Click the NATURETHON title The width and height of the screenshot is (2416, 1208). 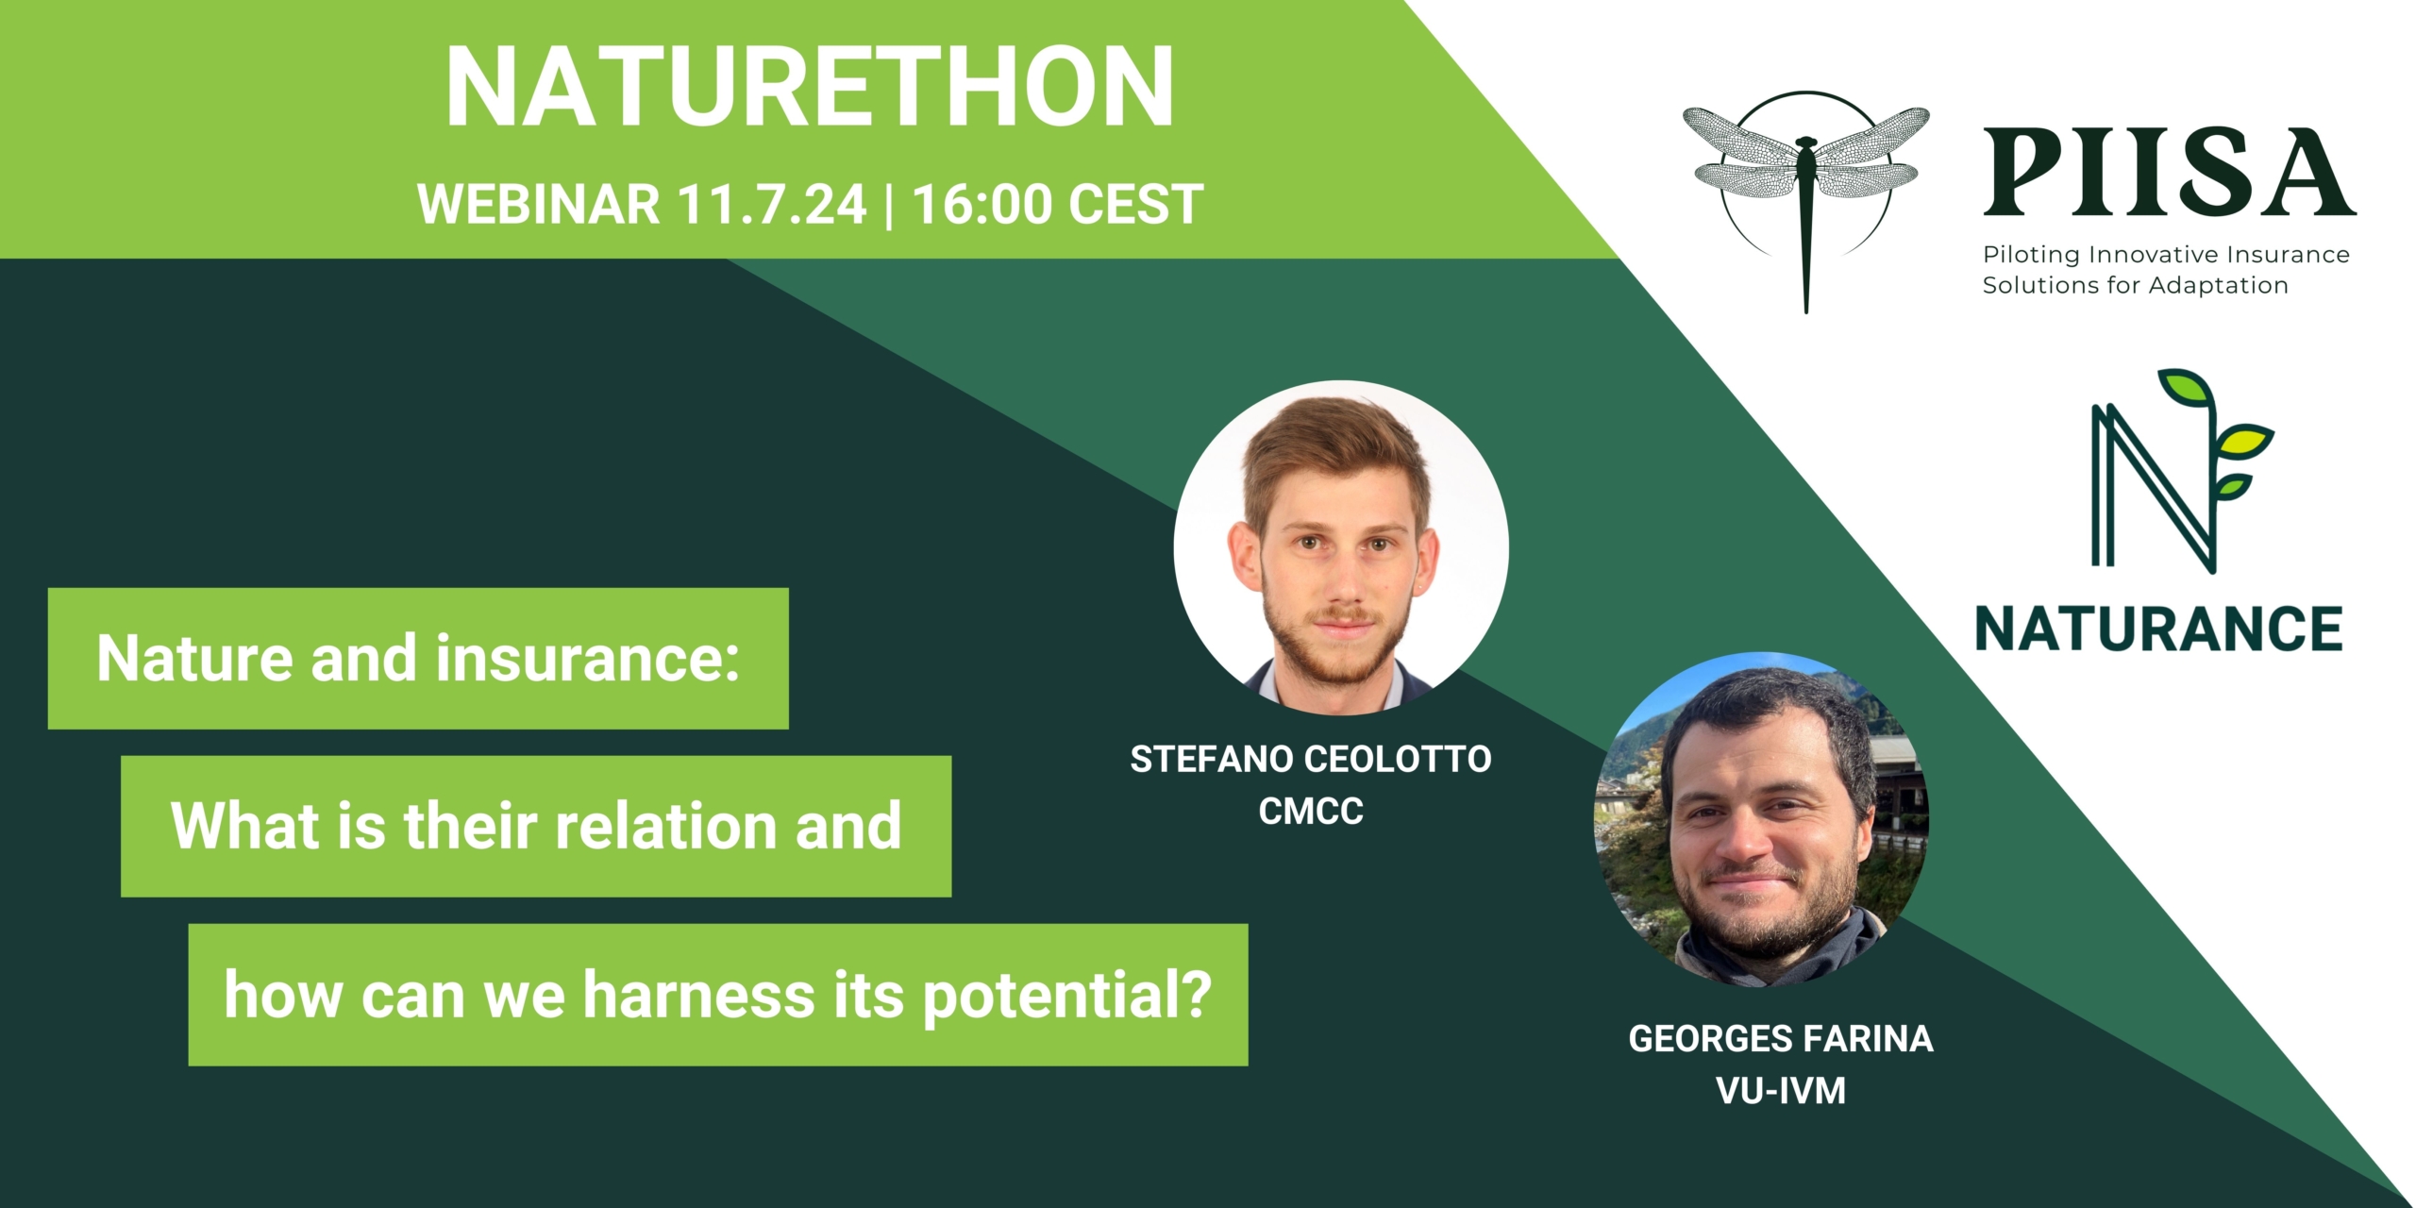(810, 87)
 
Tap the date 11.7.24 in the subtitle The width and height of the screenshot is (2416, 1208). (772, 204)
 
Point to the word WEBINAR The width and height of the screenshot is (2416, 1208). (539, 204)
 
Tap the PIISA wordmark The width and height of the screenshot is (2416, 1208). (2169, 173)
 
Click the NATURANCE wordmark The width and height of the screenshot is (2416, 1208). (2159, 629)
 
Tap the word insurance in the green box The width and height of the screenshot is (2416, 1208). (587, 658)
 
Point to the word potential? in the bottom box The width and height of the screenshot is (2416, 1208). (1066, 997)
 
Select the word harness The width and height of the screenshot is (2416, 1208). (698, 995)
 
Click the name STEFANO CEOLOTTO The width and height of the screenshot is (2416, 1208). (1311, 760)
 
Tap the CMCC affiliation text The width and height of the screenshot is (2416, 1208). (1311, 811)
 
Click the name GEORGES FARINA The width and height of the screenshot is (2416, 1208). (1781, 1039)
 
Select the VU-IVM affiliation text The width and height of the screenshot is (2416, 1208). (1781, 1091)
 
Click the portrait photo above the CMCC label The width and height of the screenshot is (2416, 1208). (1341, 547)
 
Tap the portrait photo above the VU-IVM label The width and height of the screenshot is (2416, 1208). (1762, 820)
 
